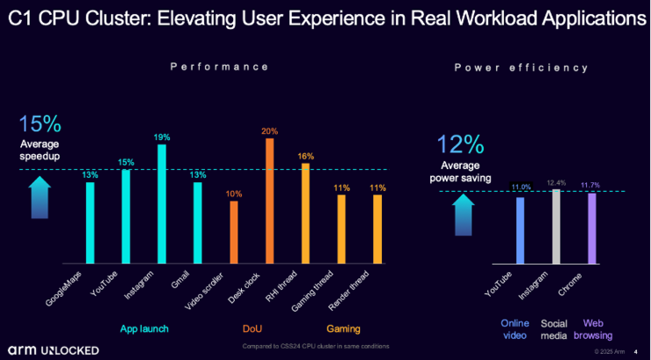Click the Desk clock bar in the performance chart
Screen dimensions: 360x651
pyautogui.click(x=269, y=202)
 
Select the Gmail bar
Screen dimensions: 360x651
pyautogui.click(x=197, y=223)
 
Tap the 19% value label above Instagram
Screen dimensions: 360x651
pyautogui.click(x=162, y=137)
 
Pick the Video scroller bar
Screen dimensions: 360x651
pyautogui.click(x=234, y=232)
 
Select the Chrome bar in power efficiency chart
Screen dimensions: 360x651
pyautogui.click(x=591, y=228)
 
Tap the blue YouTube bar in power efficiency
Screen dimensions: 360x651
pyautogui.click(x=520, y=231)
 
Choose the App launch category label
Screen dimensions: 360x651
pyautogui.click(x=144, y=329)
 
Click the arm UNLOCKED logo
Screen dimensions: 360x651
pyautogui.click(x=55, y=349)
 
